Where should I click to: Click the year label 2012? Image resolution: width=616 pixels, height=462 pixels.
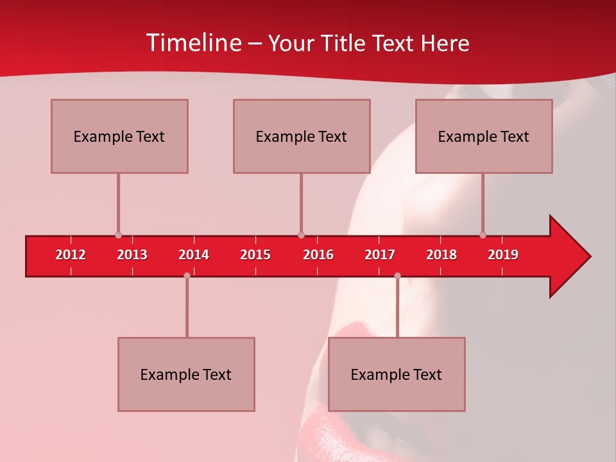pos(71,255)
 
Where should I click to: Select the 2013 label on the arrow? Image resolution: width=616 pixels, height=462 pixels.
pos(132,255)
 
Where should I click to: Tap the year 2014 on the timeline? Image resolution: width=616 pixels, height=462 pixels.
pos(194,255)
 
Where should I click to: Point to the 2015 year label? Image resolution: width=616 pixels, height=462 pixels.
pos(255,255)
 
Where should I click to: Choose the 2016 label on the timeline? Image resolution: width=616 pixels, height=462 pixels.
pos(318,255)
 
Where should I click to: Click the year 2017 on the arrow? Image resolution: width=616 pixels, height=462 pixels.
pos(380,255)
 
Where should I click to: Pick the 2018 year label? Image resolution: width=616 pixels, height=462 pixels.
pos(441,255)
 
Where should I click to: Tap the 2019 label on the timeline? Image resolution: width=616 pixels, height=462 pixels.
pos(503,255)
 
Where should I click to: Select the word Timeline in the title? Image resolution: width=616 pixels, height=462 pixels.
pos(193,43)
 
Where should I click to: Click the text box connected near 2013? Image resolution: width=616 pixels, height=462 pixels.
pos(119,136)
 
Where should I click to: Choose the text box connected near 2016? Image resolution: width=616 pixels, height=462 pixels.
pos(302,136)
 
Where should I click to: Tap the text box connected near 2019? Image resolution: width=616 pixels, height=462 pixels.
pos(484,136)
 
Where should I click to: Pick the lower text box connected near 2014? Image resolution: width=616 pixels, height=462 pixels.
pos(186,374)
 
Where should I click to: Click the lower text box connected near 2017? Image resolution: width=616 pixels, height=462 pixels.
pos(397,374)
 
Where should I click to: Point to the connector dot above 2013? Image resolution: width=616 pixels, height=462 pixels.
pos(118,235)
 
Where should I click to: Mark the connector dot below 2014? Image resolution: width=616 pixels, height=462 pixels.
pos(187,275)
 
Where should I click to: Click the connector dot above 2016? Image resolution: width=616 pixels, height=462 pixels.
pos(301,235)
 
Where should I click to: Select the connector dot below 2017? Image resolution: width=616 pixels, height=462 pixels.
pos(397,275)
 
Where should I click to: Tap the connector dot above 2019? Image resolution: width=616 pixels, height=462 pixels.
pos(483,235)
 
